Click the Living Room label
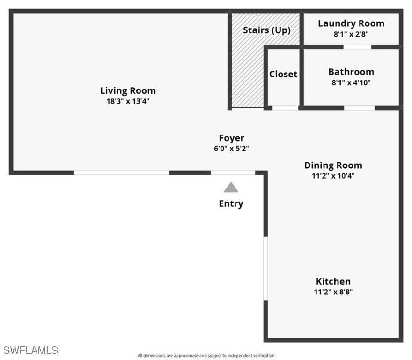coord(128,91)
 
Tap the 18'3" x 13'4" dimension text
coord(128,101)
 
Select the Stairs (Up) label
coord(267,30)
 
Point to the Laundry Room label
coord(351,23)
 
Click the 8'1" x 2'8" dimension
coord(351,34)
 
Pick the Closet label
coord(283,74)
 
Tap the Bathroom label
coord(351,72)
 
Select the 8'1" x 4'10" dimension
coord(351,83)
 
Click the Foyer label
coord(231,138)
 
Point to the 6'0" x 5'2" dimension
coord(231,149)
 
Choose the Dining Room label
coord(333,165)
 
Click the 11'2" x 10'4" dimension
coord(333,176)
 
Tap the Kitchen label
coord(333,281)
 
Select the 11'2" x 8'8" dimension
coord(333,292)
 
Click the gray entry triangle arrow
coord(231,187)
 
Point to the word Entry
coord(231,204)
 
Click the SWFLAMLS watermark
coord(30,350)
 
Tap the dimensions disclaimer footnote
coord(206,356)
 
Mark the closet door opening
coord(285,108)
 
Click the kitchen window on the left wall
coord(265,269)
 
